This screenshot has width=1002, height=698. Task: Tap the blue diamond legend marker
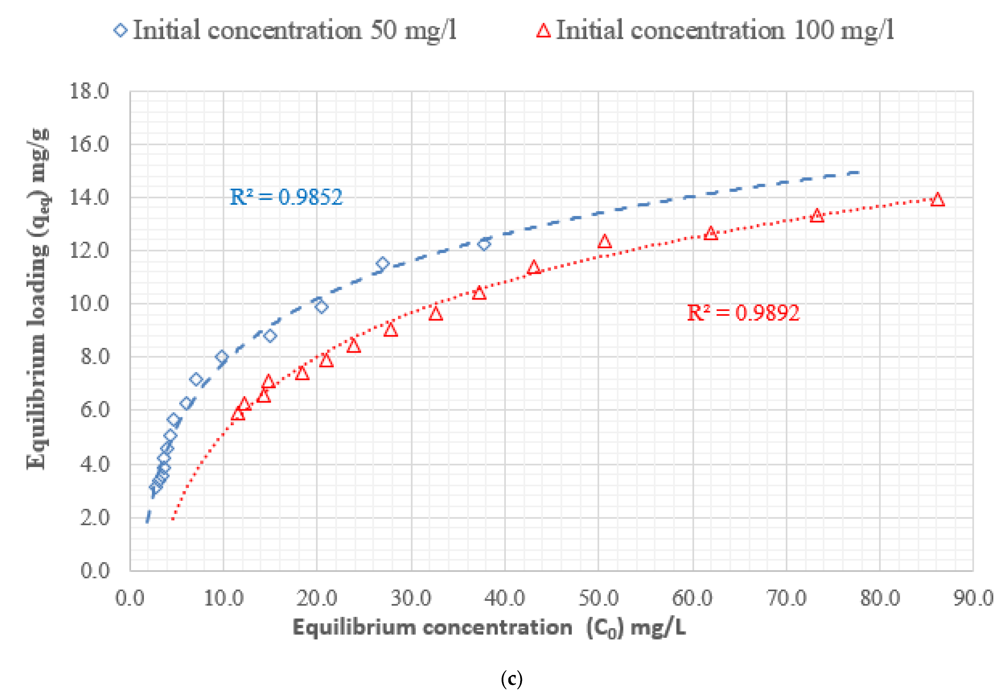pyautogui.click(x=120, y=30)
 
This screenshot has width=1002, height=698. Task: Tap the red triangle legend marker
pyautogui.click(x=543, y=30)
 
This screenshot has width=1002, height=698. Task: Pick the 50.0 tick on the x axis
pyautogui.click(x=598, y=598)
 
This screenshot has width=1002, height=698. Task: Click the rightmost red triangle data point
pyautogui.click(x=937, y=200)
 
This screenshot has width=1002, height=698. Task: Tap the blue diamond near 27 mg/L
pyautogui.click(x=382, y=263)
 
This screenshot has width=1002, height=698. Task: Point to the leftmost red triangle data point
pyautogui.click(x=238, y=414)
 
